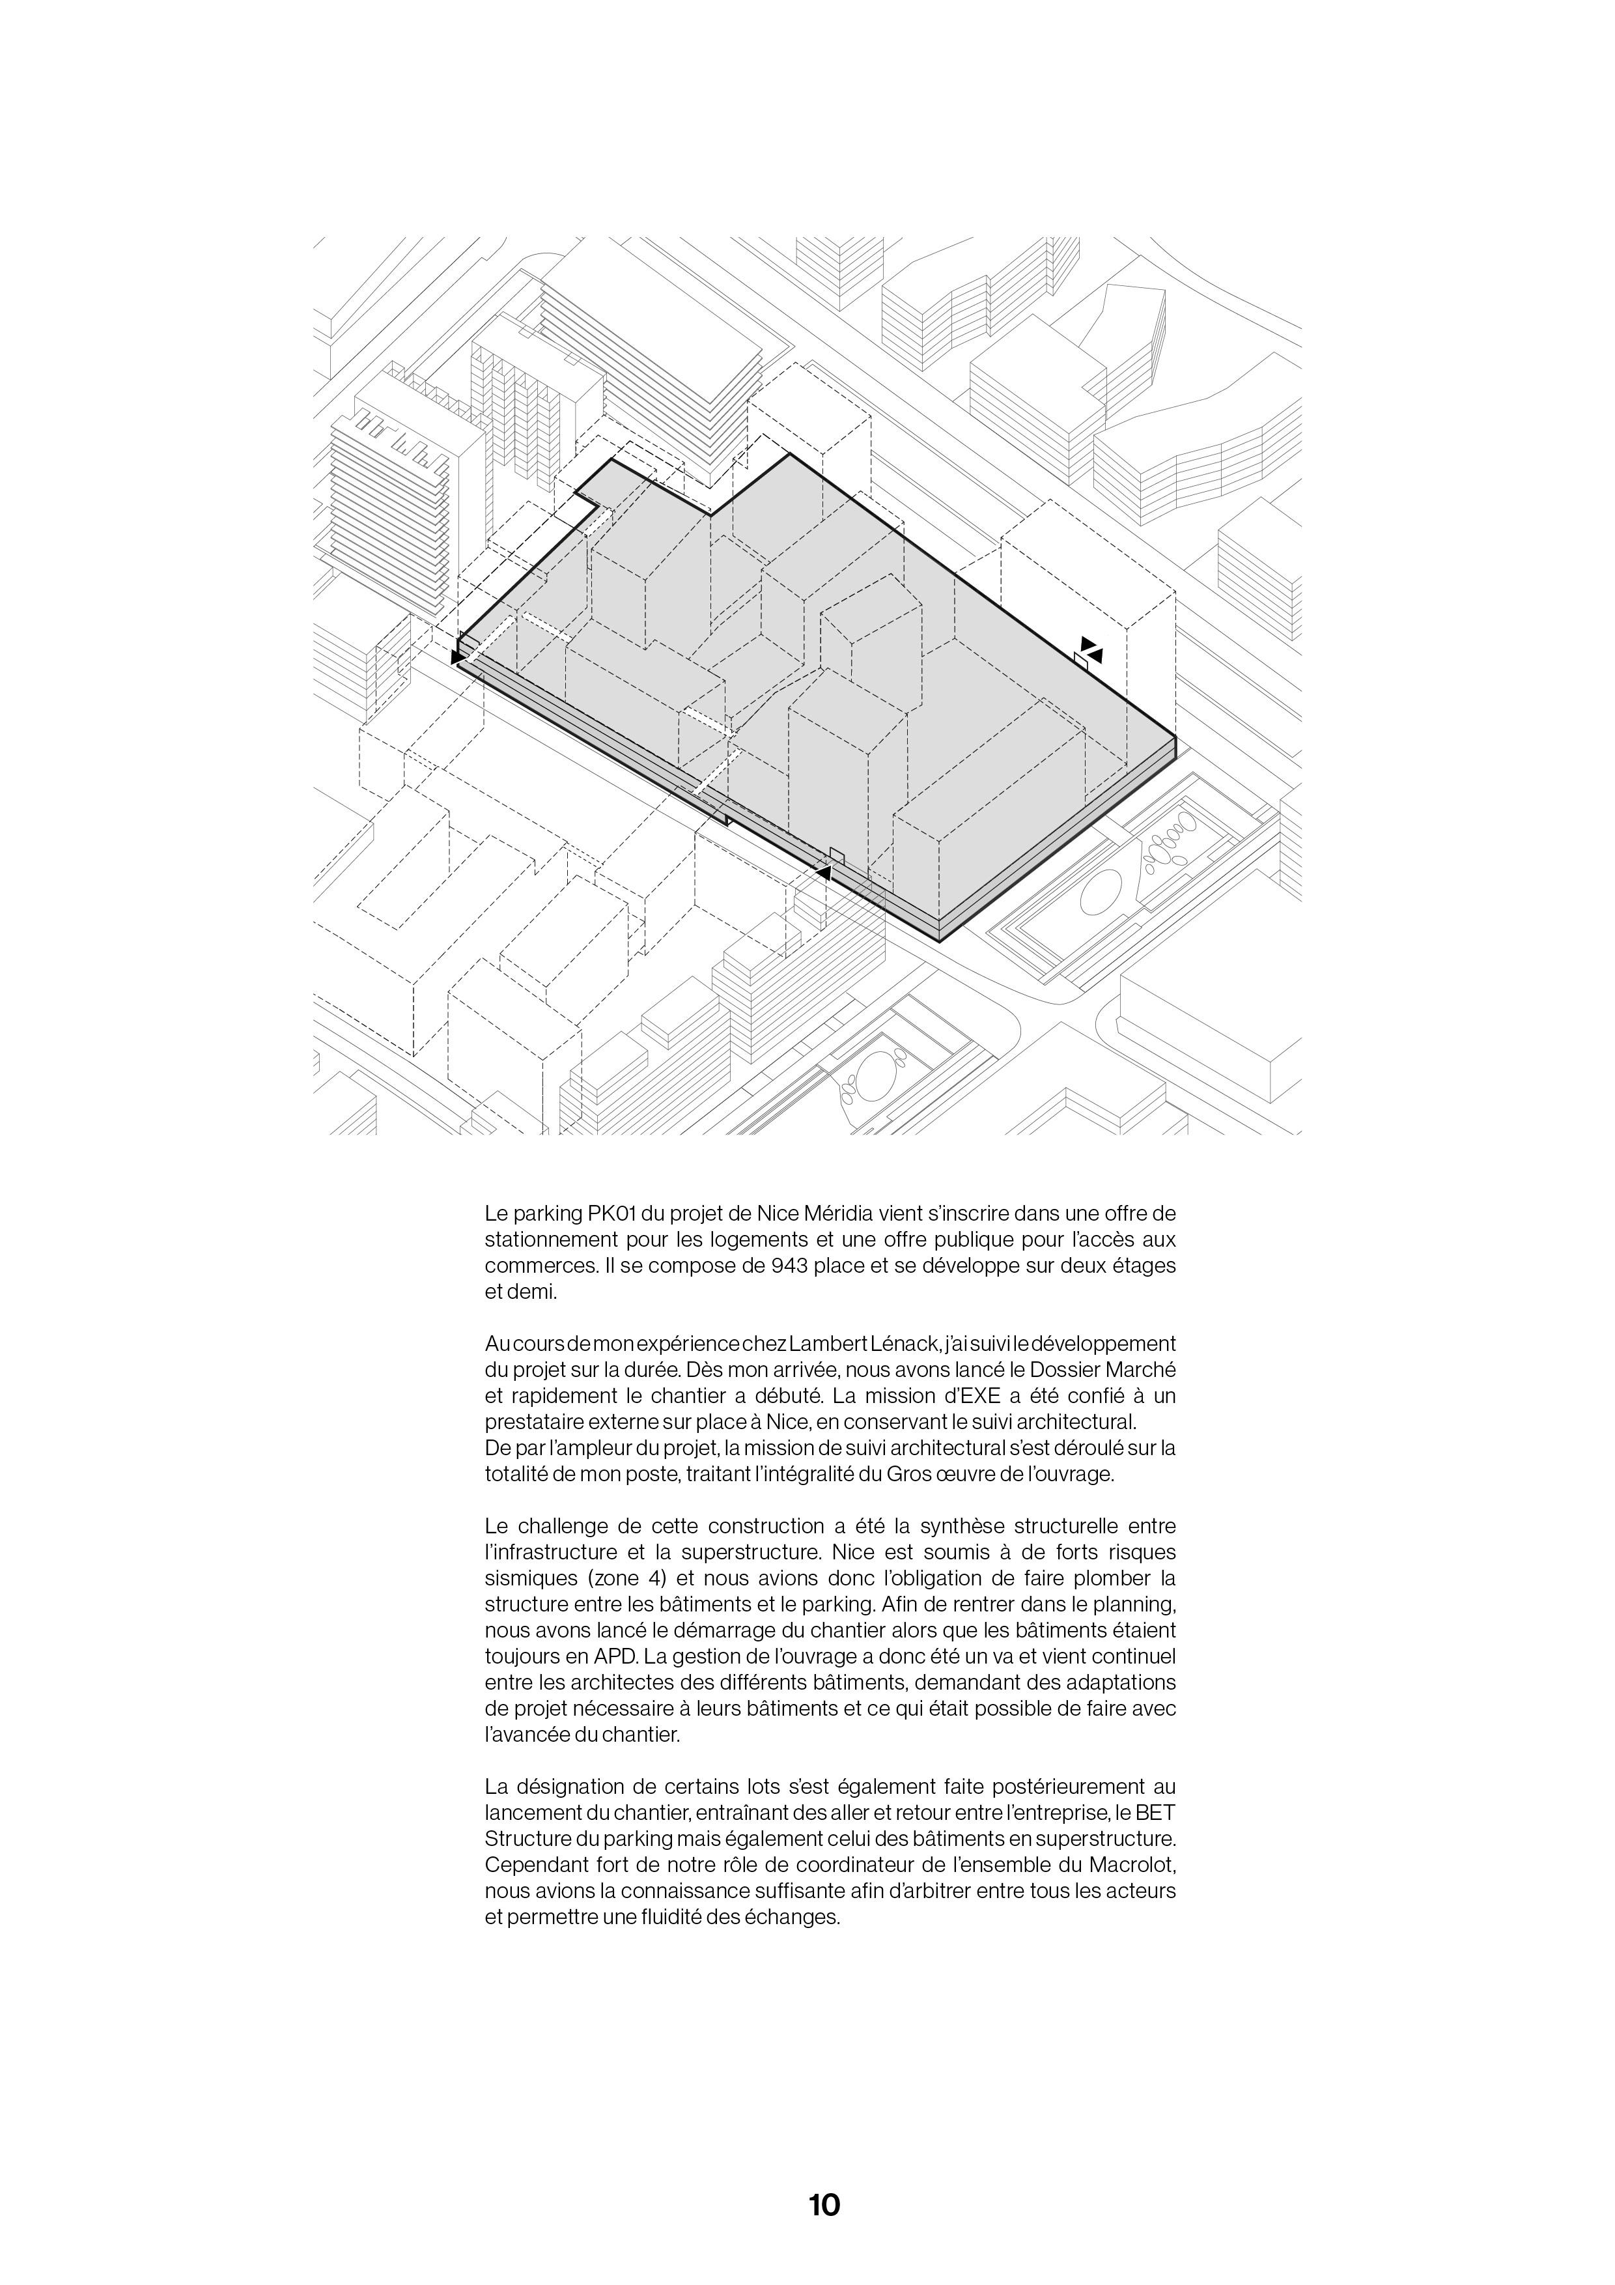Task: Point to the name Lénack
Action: tap(901, 1344)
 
